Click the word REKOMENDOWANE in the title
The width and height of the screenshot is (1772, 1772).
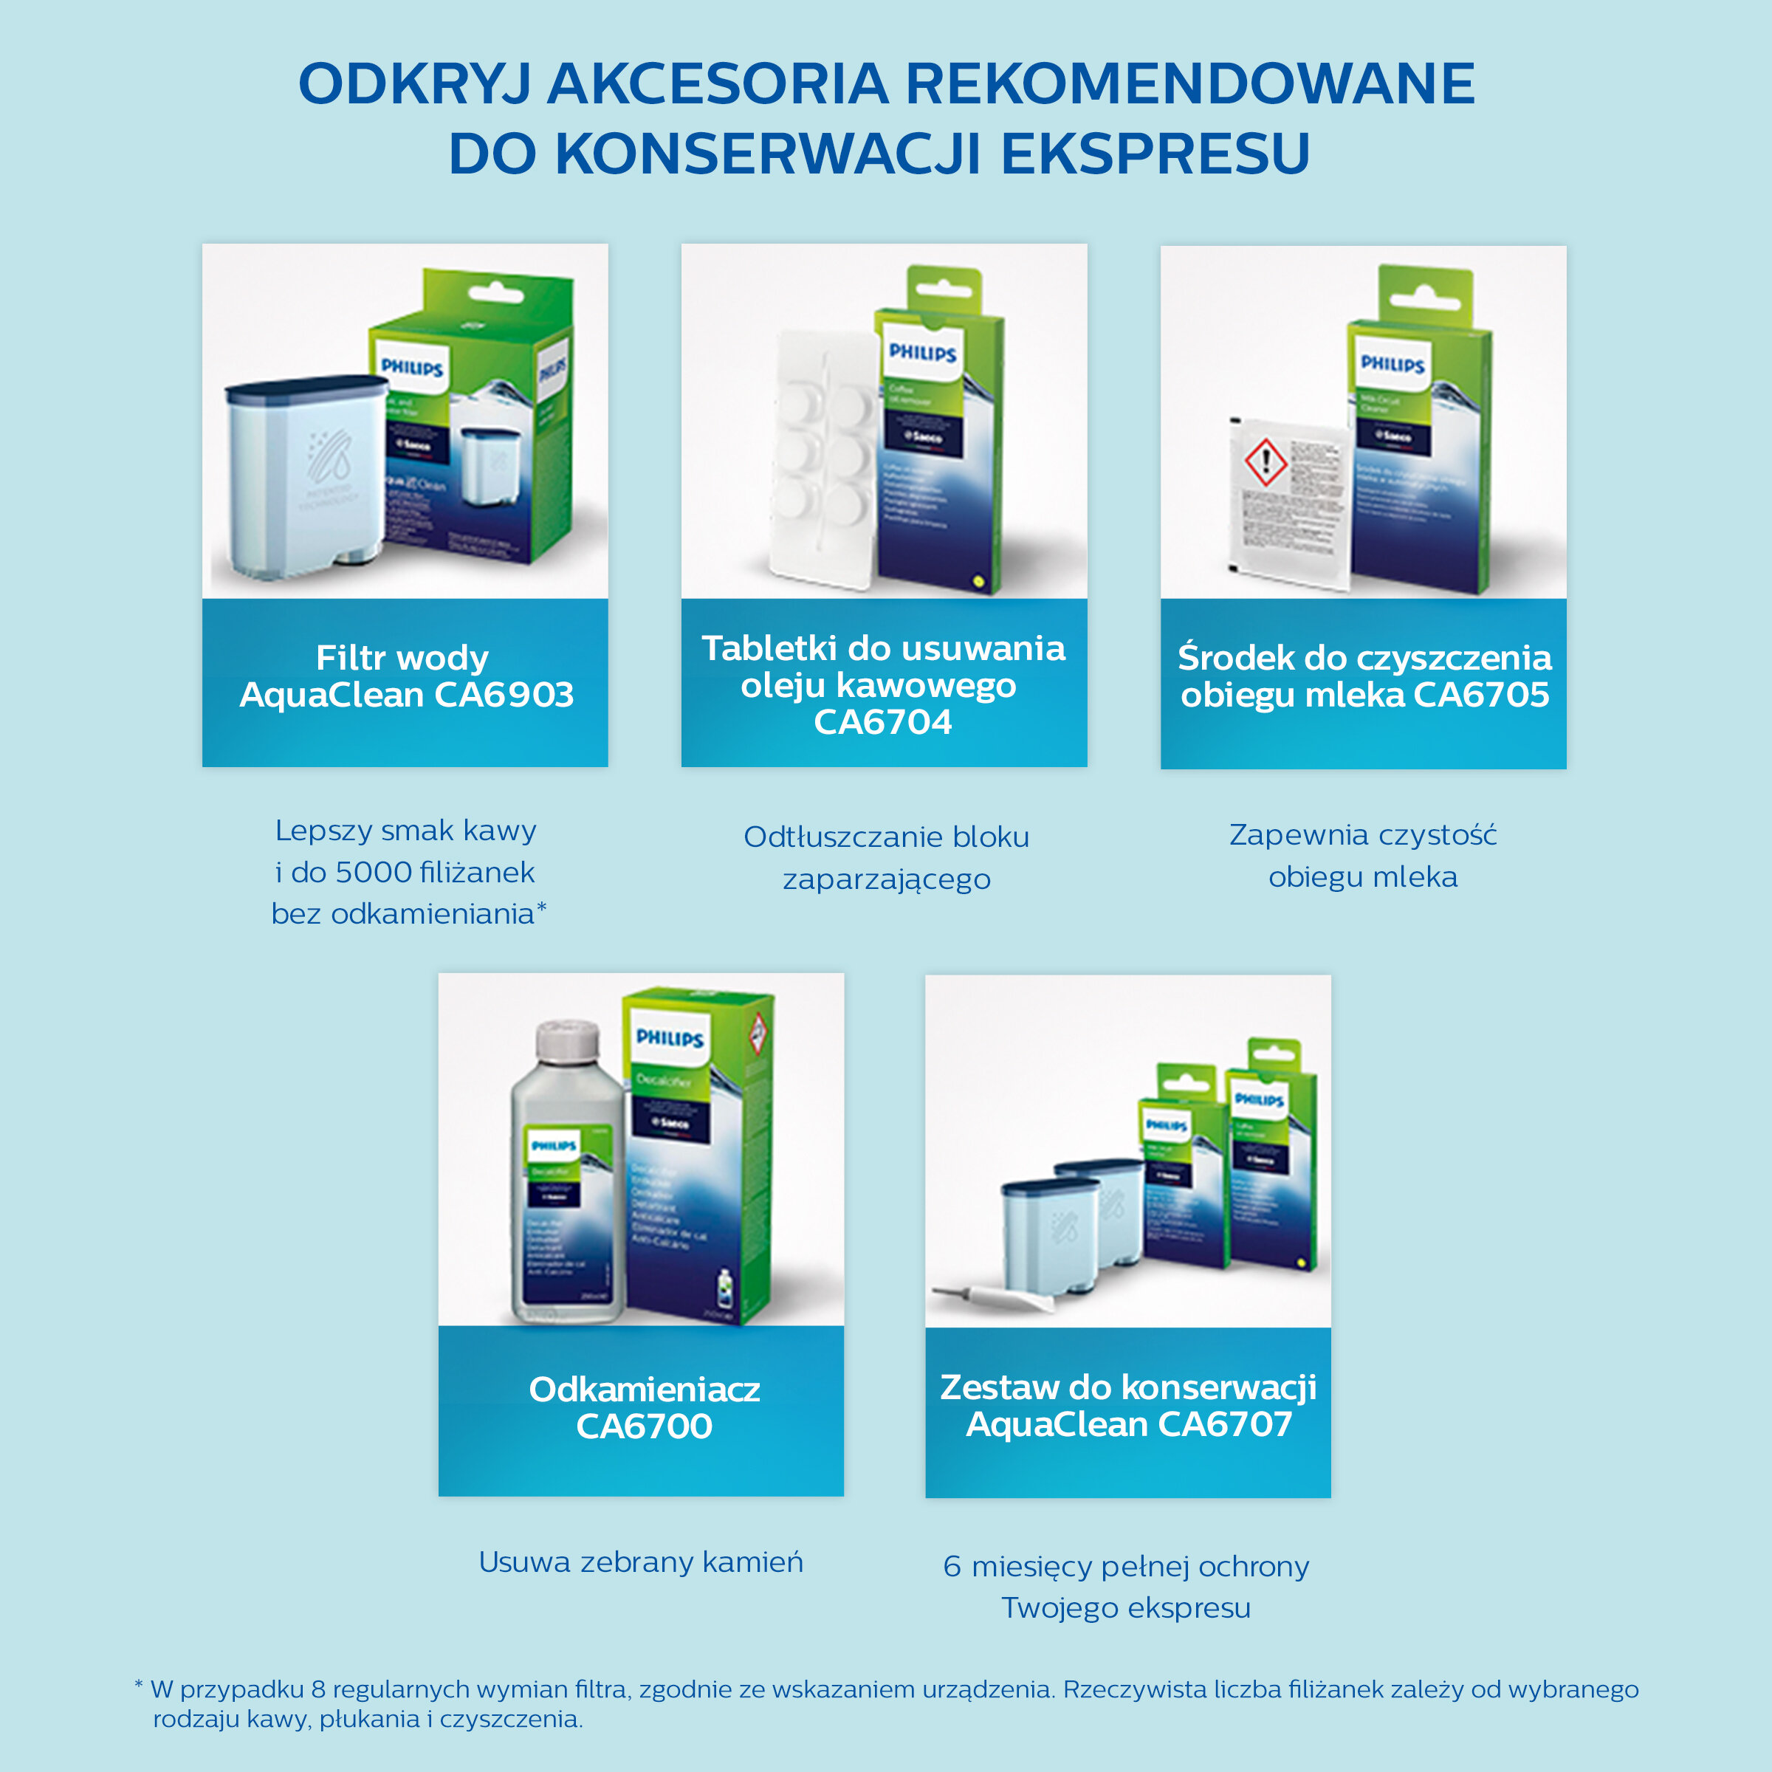coord(1189,84)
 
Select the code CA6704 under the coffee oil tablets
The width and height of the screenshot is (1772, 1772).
coord(882,722)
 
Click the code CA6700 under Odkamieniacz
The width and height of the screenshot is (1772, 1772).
coord(643,1426)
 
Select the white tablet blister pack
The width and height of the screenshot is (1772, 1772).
coord(817,459)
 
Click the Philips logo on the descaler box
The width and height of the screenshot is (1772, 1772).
coord(670,1038)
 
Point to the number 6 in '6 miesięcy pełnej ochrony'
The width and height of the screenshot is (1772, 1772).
coord(952,1567)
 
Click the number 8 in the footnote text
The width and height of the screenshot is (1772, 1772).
coord(318,1689)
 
